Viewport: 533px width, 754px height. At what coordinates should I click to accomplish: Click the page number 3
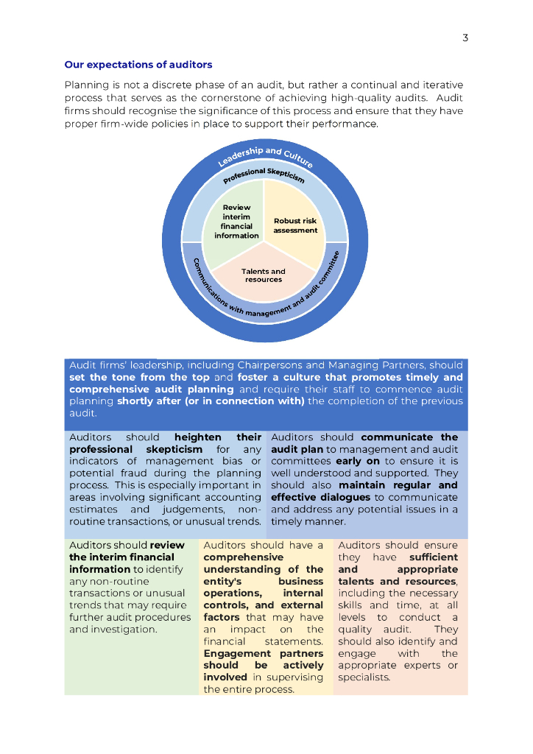(465, 38)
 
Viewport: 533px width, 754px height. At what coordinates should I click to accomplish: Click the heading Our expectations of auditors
(138, 65)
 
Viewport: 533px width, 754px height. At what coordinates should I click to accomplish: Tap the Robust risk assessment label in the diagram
(295, 225)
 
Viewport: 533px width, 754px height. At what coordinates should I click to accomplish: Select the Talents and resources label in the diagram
(264, 275)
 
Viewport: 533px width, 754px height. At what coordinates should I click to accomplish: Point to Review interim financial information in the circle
(236, 222)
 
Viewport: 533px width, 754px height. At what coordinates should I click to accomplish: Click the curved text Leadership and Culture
(265, 158)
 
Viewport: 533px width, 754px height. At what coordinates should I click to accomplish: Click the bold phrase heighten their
(218, 437)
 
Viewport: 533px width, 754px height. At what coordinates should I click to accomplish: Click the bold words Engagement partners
(263, 654)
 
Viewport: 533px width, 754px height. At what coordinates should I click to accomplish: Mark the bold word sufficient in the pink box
(433, 557)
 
